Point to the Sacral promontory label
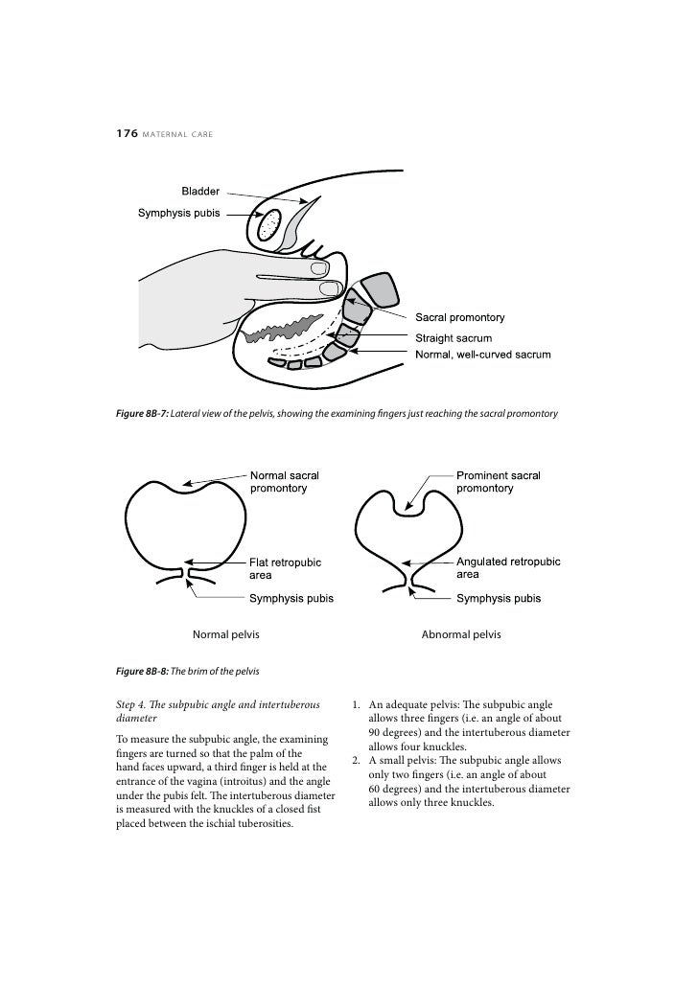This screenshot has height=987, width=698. pos(459,317)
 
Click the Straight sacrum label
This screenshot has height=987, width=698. pos(453,338)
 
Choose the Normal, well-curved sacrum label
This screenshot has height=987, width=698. pos(482,355)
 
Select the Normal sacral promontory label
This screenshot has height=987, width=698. pos(284,481)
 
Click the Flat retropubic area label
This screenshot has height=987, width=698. pos(285,568)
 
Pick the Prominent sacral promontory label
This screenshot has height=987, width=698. pos(498,481)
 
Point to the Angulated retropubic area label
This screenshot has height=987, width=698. pos(508,567)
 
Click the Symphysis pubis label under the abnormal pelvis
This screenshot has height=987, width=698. pos(499,599)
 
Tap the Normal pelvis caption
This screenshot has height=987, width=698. pos(226,634)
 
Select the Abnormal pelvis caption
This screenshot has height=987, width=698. pos(461,634)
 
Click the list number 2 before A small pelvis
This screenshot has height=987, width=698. pos(356,760)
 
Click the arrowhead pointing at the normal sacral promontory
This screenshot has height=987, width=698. pos(188,484)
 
